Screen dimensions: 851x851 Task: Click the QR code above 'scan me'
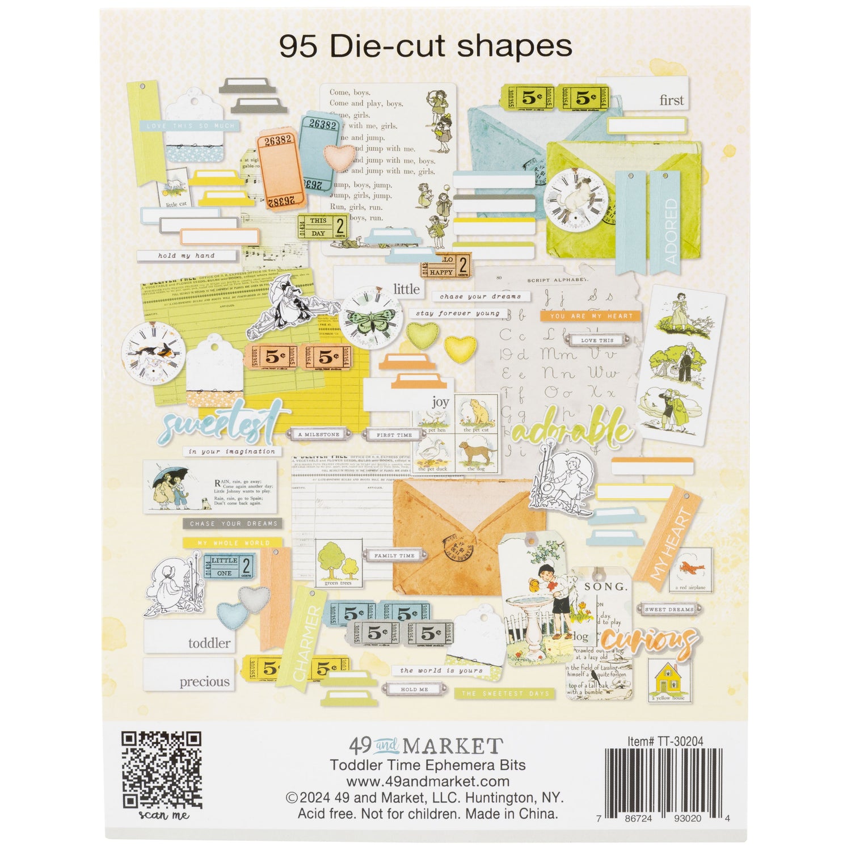click(x=162, y=770)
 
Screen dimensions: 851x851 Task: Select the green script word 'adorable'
click(x=570, y=431)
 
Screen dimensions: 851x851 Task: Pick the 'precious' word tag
click(x=189, y=675)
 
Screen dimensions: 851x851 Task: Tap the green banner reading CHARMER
click(x=307, y=641)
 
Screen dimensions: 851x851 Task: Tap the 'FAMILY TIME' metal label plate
click(x=394, y=556)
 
